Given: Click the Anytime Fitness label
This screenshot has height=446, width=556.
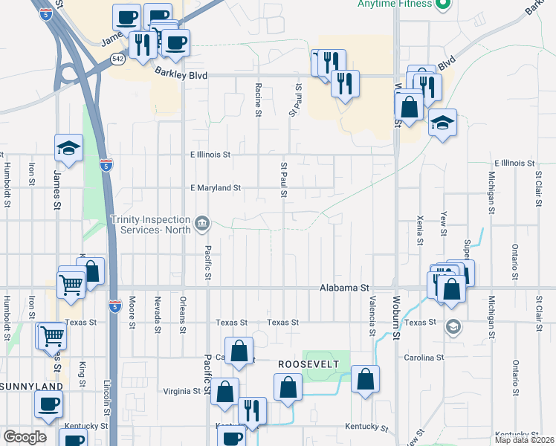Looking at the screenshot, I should pyautogui.click(x=394, y=4).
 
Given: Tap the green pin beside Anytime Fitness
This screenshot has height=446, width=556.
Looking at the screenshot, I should pyautogui.click(x=444, y=4).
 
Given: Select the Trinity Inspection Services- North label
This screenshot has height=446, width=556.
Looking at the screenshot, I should pyautogui.click(x=152, y=223).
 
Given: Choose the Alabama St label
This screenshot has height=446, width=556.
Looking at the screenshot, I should pyautogui.click(x=344, y=288).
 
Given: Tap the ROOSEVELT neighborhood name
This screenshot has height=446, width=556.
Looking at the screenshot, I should pyautogui.click(x=308, y=363).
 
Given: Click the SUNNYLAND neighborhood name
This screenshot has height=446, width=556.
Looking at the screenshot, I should pyautogui.click(x=31, y=387).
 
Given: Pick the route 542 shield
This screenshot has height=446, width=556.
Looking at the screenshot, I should pyautogui.click(x=118, y=57).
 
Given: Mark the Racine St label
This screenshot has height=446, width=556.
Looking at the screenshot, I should pyautogui.click(x=259, y=100).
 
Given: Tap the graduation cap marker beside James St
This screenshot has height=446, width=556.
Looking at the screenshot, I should pyautogui.click(x=68, y=148).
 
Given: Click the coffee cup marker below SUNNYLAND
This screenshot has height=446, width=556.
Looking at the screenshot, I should pyautogui.click(x=49, y=405).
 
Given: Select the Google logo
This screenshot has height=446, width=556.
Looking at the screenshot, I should pyautogui.click(x=25, y=437).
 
